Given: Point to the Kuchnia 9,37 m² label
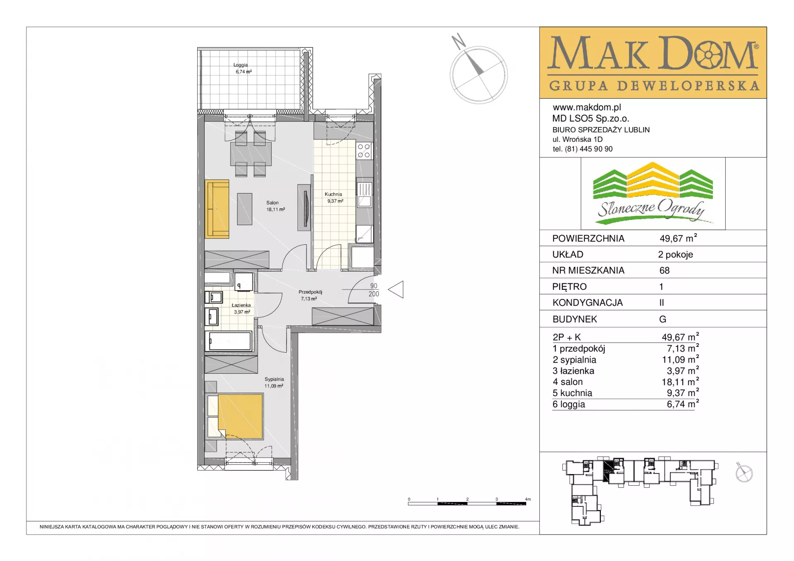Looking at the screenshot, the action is click(x=334, y=198).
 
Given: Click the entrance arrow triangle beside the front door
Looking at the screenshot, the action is click(x=396, y=289).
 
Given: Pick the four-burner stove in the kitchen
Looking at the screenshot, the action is click(x=364, y=151).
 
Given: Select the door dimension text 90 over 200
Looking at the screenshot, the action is click(x=374, y=290).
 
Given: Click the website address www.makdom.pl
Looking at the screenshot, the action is click(x=587, y=107).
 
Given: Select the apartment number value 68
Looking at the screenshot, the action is click(x=665, y=270).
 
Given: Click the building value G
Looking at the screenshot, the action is click(x=663, y=319).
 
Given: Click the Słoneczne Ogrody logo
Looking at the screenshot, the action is click(x=653, y=193).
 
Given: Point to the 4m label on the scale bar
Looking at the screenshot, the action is click(x=528, y=499).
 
